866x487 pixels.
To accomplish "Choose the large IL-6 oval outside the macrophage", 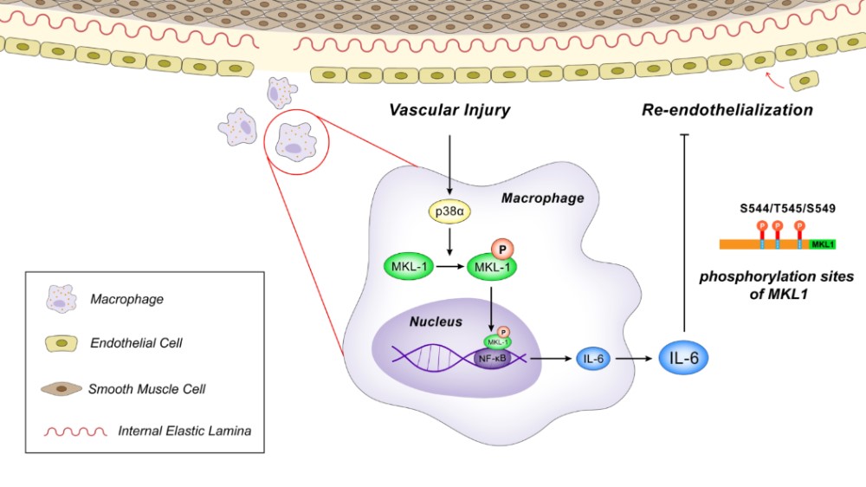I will (684, 357).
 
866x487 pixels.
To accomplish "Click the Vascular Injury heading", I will (450, 110).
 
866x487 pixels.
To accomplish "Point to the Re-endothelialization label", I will (727, 110).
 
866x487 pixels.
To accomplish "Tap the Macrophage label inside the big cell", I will (543, 198).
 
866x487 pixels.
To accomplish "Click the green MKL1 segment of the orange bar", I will (824, 245).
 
